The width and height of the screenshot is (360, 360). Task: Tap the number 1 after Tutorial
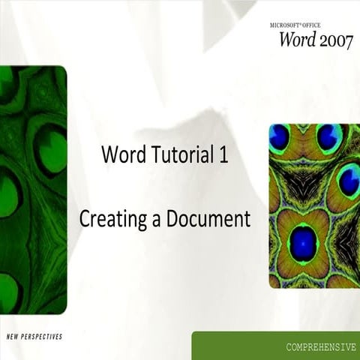tap(223, 156)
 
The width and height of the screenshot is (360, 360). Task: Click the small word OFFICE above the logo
tap(318, 25)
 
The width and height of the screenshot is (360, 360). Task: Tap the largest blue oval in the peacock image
tap(303, 243)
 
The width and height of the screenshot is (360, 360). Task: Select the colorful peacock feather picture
tap(309, 205)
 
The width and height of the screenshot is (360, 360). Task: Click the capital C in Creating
tap(85, 220)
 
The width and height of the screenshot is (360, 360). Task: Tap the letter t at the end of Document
tap(245, 220)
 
